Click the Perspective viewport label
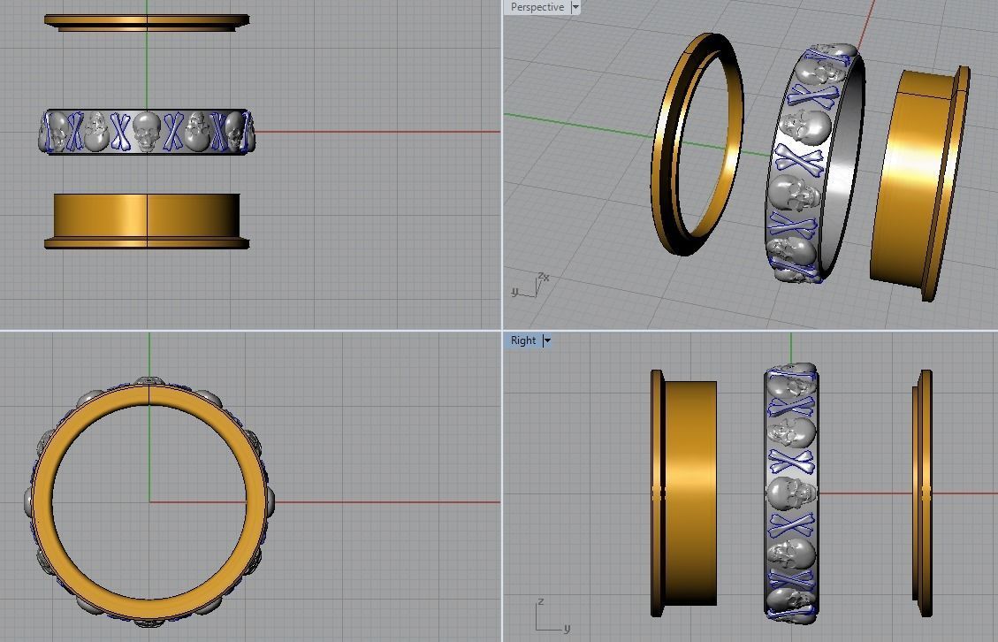pos(537,7)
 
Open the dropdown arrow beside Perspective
pos(575,7)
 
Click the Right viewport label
pos(522,340)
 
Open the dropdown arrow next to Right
pos(547,340)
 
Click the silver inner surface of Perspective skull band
pos(844,159)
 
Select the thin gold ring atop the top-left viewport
pos(147,20)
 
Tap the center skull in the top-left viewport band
pos(146,131)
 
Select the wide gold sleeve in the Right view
pos(689,493)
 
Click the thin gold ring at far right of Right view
pos(924,493)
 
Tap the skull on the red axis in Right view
pos(790,493)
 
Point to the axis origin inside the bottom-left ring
pos(149,501)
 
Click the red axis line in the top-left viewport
pos(371,132)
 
